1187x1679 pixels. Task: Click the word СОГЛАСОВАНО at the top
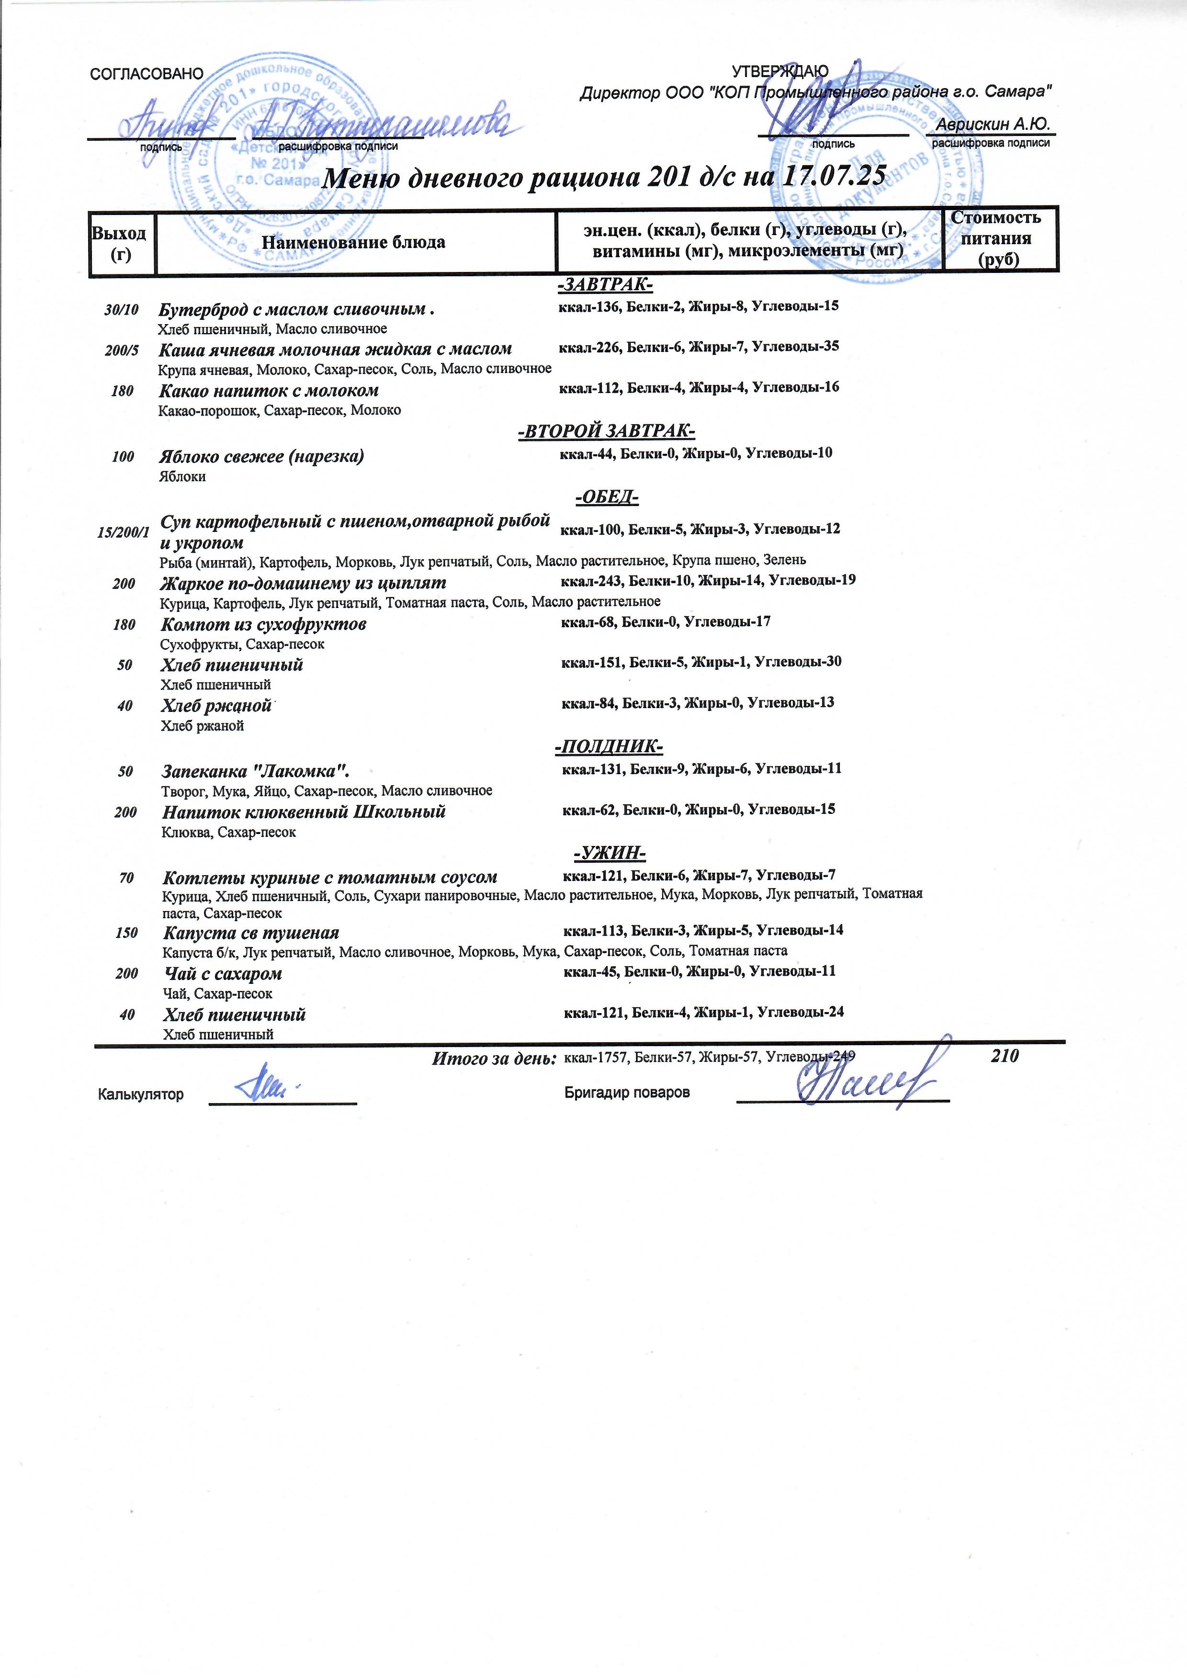(x=145, y=74)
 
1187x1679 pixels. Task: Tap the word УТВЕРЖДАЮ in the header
(x=780, y=71)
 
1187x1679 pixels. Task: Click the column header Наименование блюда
(x=353, y=242)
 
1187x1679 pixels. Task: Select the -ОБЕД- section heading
(x=607, y=498)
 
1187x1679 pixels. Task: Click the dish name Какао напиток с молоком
(x=269, y=391)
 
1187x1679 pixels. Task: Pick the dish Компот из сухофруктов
(x=263, y=624)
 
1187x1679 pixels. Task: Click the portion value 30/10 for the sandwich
(x=122, y=309)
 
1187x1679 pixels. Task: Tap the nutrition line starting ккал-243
(x=707, y=581)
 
